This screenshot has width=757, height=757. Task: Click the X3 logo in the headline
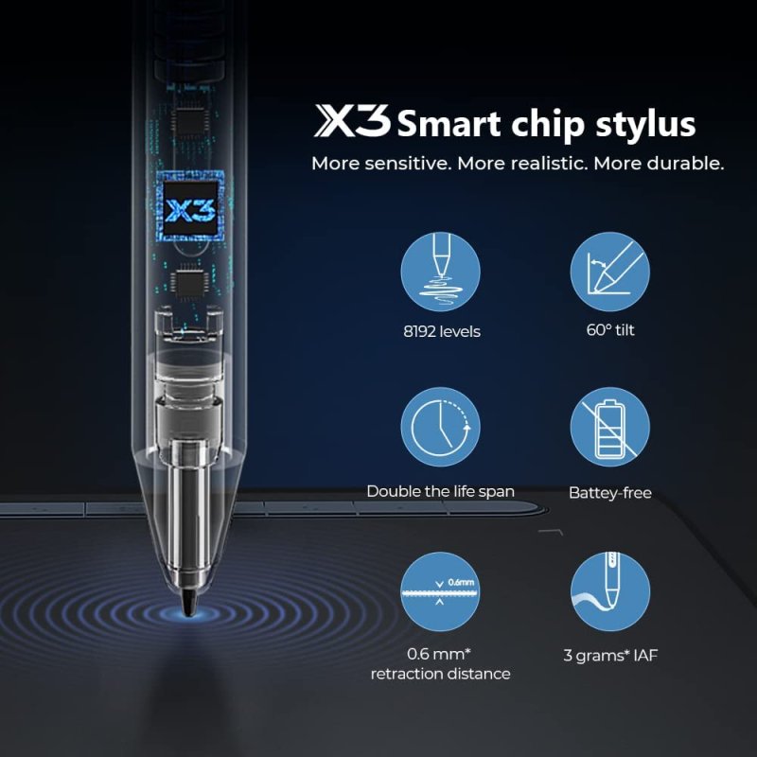[x=351, y=121]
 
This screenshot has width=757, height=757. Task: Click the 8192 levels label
[x=440, y=331]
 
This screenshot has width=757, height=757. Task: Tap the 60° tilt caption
[x=609, y=331]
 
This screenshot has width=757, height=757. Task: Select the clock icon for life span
[x=440, y=430]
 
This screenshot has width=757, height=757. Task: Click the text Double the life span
[x=440, y=491]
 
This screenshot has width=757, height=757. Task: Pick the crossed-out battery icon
[x=609, y=430]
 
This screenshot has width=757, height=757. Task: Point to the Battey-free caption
[x=609, y=492]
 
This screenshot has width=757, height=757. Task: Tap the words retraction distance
[x=440, y=674]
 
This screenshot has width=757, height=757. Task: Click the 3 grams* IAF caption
[x=609, y=653]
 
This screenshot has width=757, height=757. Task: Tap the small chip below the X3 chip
[x=189, y=281]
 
